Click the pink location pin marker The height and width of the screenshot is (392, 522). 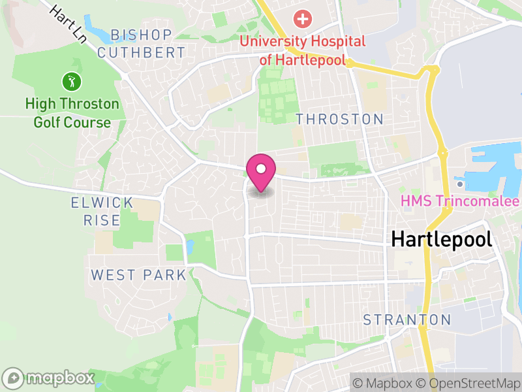[261, 171]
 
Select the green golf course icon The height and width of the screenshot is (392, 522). [72, 82]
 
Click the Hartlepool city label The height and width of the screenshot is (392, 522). [441, 239]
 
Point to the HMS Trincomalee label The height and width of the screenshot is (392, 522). [460, 201]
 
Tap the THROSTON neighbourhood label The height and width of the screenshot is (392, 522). [339, 119]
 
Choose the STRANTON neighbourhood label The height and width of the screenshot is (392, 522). [407, 319]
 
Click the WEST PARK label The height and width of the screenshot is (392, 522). [138, 275]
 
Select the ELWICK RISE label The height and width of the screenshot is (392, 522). [102, 212]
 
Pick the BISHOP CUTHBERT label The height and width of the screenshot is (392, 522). [141, 43]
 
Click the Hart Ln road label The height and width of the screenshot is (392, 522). [69, 24]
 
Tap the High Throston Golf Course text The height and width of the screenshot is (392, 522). [72, 113]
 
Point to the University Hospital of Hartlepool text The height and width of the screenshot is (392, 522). [303, 50]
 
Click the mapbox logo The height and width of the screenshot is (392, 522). [49, 378]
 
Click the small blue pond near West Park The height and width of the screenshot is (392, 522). [189, 247]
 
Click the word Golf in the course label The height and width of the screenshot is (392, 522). [45, 122]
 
